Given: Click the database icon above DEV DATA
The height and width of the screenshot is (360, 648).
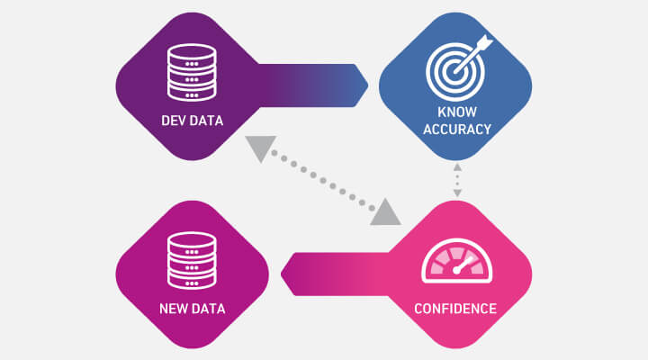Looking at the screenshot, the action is click(192, 72).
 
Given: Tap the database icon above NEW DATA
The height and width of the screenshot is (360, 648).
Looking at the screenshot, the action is click(192, 261).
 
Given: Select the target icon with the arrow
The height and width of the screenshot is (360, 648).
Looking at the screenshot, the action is click(458, 68).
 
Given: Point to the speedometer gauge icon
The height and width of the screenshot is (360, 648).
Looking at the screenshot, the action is click(456, 261).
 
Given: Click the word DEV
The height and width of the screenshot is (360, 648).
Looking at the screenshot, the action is click(170, 121).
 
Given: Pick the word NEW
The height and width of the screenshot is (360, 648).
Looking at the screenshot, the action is click(171, 309).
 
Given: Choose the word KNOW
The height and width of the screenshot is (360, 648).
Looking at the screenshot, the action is click(457, 112).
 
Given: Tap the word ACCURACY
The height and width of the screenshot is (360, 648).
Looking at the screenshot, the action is click(457, 130).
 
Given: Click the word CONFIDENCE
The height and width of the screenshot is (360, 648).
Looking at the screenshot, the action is click(455, 309).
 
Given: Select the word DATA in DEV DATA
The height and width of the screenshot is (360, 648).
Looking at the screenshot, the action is click(203, 121).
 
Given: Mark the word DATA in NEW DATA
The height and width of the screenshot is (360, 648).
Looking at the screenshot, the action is click(206, 309).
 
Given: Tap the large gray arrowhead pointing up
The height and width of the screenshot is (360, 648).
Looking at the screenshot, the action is click(385, 211).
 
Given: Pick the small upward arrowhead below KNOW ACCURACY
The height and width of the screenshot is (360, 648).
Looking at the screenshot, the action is click(457, 167).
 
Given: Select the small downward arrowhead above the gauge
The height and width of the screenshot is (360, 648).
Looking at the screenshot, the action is click(457, 193).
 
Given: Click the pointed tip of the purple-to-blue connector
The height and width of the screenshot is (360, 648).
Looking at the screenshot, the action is click(368, 85).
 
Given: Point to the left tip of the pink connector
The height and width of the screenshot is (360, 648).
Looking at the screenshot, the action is click(281, 274).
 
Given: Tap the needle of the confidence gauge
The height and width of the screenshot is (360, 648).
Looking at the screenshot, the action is click(463, 265).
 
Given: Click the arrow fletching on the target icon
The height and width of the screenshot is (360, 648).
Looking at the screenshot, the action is click(484, 42).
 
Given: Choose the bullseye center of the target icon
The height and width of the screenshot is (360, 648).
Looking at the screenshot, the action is click(455, 71).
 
